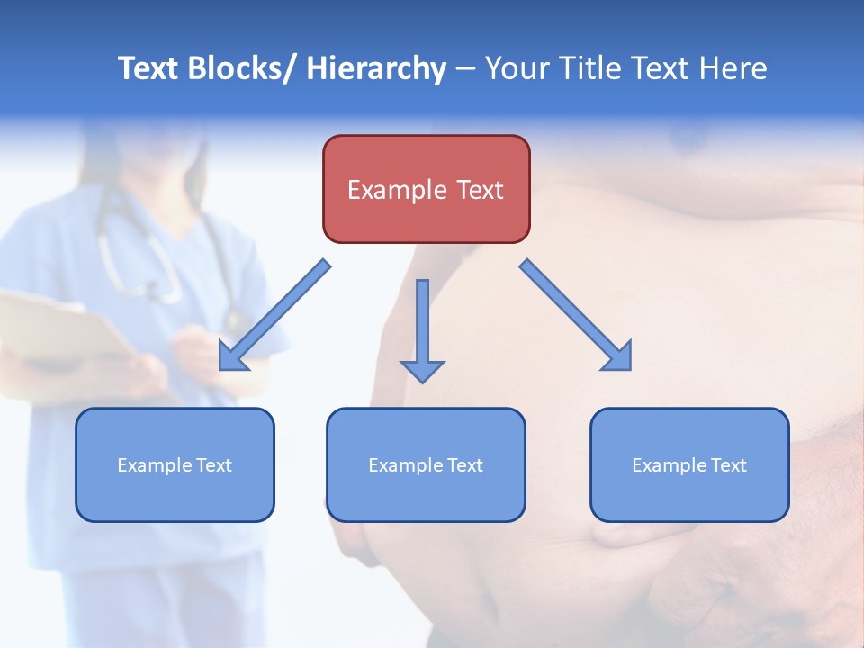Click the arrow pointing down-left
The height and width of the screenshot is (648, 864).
(x=274, y=316)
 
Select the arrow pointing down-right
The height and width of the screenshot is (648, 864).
(x=577, y=316)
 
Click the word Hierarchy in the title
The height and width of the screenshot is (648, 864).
(x=376, y=68)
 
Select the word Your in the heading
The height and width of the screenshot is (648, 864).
(x=517, y=68)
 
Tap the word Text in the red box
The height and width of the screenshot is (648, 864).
(x=478, y=190)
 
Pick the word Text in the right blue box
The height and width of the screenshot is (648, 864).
(x=727, y=465)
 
